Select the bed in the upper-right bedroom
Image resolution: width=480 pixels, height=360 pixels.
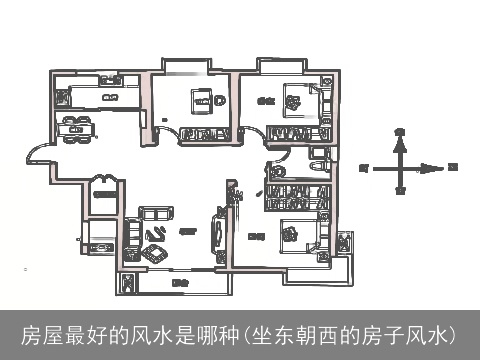pyautogui.click(x=297, y=99)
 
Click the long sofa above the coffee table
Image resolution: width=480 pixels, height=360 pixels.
pyautogui.click(x=154, y=213)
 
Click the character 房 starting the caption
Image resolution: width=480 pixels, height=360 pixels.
pyautogui.click(x=31, y=333)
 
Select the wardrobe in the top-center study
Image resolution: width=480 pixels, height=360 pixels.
pyautogui.click(x=207, y=134)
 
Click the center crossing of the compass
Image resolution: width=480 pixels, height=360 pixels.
pyautogui.click(x=400, y=167)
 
